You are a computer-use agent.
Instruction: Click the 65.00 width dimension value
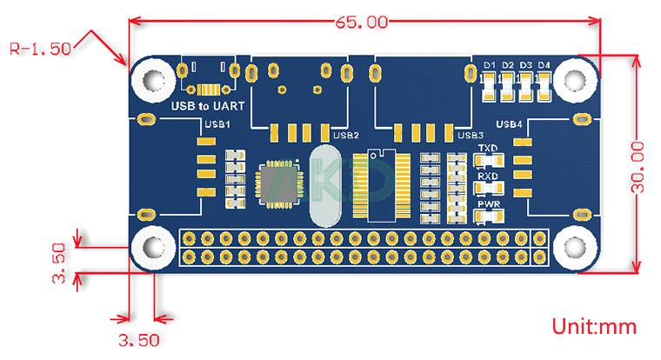tap(359, 23)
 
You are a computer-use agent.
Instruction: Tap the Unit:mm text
tap(596, 327)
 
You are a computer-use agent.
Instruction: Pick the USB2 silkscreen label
tap(346, 135)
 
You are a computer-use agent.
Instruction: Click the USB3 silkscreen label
tap(470, 135)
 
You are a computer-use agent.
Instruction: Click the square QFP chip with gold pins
tap(275, 183)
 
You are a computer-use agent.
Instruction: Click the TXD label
tap(487, 149)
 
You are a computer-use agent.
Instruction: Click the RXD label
tap(487, 177)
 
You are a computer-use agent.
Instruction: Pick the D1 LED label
tap(490, 65)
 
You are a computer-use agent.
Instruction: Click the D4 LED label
tap(544, 65)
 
